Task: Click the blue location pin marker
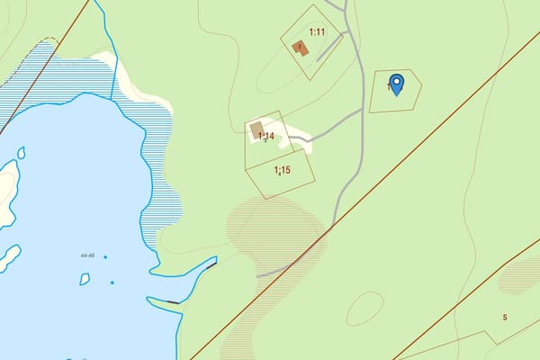[396, 84]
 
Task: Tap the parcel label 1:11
[316, 31]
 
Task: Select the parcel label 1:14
[265, 136]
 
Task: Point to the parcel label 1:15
[282, 169]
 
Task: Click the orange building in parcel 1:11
[301, 48]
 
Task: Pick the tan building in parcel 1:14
[256, 128]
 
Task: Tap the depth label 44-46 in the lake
[87, 256]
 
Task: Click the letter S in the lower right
[505, 317]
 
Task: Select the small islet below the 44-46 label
[85, 279]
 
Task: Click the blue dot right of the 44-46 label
[105, 257]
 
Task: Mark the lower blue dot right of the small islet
[112, 283]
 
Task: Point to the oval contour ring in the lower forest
[364, 309]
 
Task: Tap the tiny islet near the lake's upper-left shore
[21, 152]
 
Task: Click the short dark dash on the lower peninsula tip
[174, 301]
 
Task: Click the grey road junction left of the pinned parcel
[362, 110]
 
